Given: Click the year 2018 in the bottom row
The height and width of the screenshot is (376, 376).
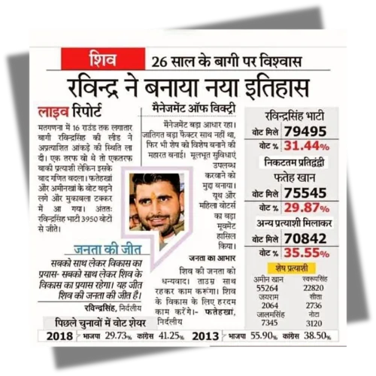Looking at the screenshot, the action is (x=59, y=335).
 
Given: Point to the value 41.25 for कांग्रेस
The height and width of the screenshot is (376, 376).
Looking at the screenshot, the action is (x=162, y=336).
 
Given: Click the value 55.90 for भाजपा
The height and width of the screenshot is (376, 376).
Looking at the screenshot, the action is (x=265, y=336).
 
